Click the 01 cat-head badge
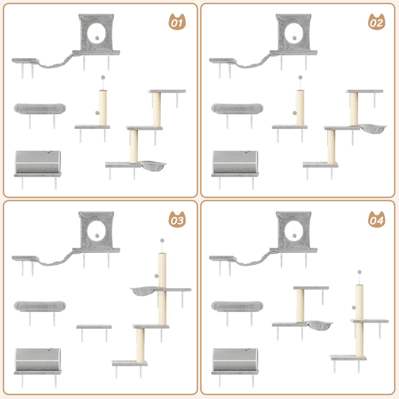[177, 23]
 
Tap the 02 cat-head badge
[376, 23]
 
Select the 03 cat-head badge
[177, 221]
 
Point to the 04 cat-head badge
[376, 221]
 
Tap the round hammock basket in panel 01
[152, 166]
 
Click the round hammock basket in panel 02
[373, 128]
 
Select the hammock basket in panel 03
[143, 291]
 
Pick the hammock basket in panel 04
[319, 325]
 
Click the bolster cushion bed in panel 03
[39, 306]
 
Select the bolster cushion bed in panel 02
[237, 108]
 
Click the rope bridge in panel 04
[253, 261]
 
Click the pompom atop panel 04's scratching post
[360, 272]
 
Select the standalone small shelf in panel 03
[94, 327]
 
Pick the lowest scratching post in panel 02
[332, 147]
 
